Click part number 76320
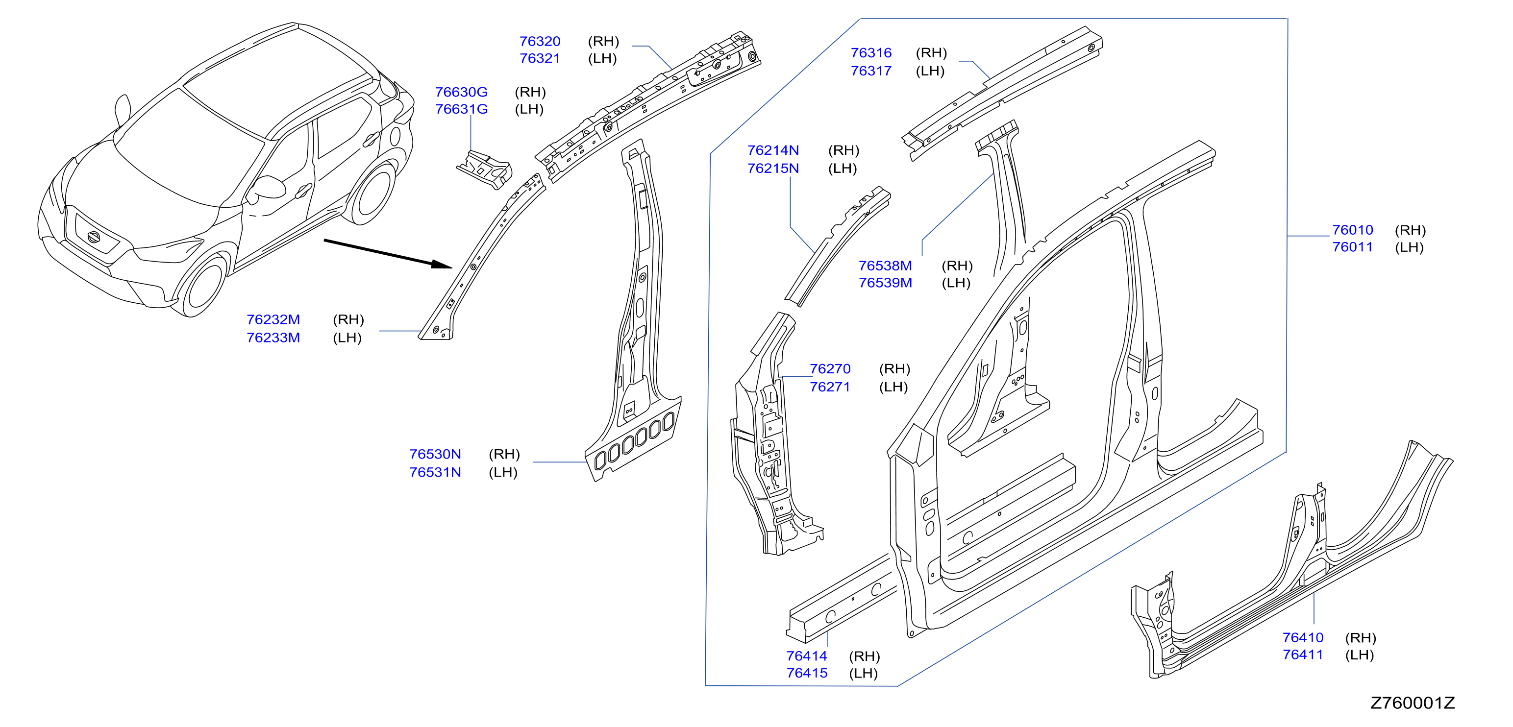coord(540,41)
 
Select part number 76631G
coord(461,109)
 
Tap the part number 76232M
coord(273,319)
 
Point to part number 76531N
coord(435,472)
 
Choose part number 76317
coord(871,71)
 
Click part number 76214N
coord(773,150)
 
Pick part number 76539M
coord(885,283)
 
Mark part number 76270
coord(830,369)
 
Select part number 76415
coord(807,673)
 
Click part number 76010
coord(1353,230)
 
